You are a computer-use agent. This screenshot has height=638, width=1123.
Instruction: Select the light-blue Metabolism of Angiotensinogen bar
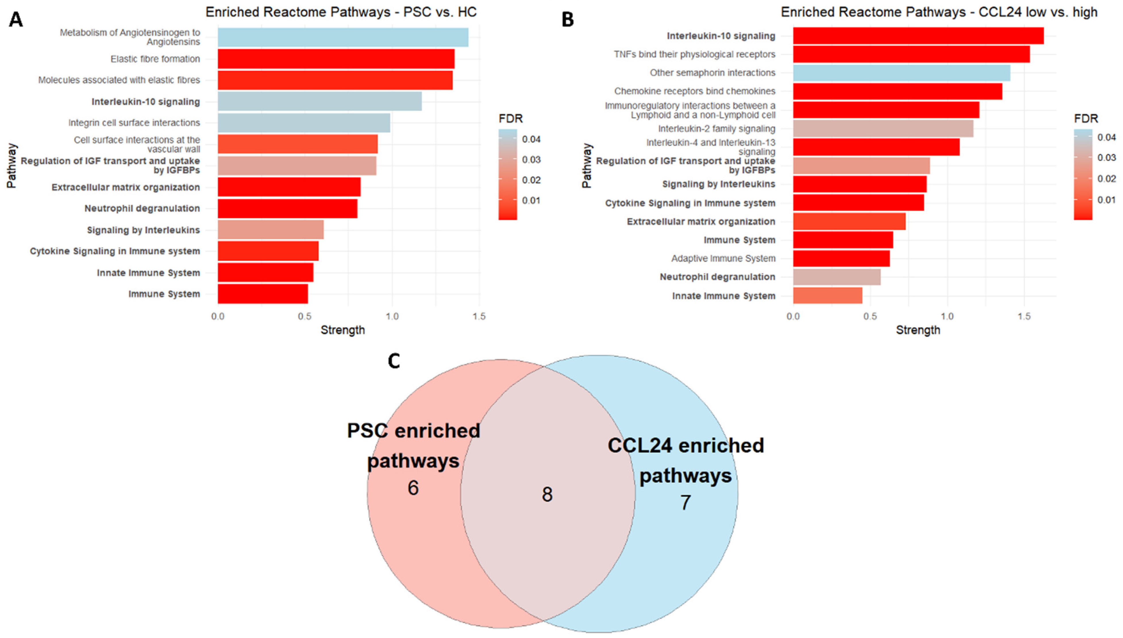(343, 37)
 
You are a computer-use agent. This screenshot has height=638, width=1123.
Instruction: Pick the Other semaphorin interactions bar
(902, 73)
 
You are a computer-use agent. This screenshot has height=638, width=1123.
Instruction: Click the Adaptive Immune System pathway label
(723, 258)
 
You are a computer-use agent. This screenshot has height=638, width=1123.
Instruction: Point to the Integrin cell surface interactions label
(134, 123)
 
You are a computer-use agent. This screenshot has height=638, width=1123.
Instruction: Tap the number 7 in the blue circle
(685, 503)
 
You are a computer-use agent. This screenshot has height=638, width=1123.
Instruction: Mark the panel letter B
(567, 20)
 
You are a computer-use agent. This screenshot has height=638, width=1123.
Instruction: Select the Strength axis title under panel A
(342, 330)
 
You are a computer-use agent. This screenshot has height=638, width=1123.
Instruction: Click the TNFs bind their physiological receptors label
(694, 54)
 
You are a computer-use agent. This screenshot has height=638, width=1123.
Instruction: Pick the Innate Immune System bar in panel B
(827, 295)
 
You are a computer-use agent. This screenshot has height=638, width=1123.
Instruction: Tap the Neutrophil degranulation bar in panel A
(287, 208)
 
